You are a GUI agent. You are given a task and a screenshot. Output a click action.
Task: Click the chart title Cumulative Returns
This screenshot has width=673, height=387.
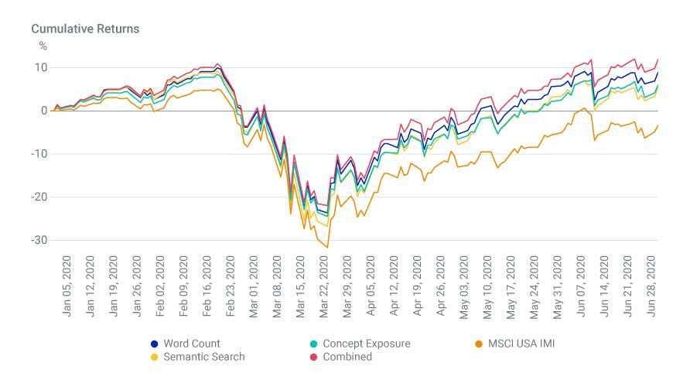point(85,29)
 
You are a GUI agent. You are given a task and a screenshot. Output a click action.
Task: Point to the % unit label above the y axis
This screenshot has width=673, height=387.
point(43,46)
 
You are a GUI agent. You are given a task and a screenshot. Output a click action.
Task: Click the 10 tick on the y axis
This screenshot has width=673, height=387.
point(39,67)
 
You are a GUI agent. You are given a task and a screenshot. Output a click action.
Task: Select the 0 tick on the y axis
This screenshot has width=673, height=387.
point(44,111)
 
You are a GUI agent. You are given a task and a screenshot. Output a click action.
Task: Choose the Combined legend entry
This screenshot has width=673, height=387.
point(347,357)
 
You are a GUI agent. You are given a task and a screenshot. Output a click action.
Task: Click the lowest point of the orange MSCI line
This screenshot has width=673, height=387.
point(327,248)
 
